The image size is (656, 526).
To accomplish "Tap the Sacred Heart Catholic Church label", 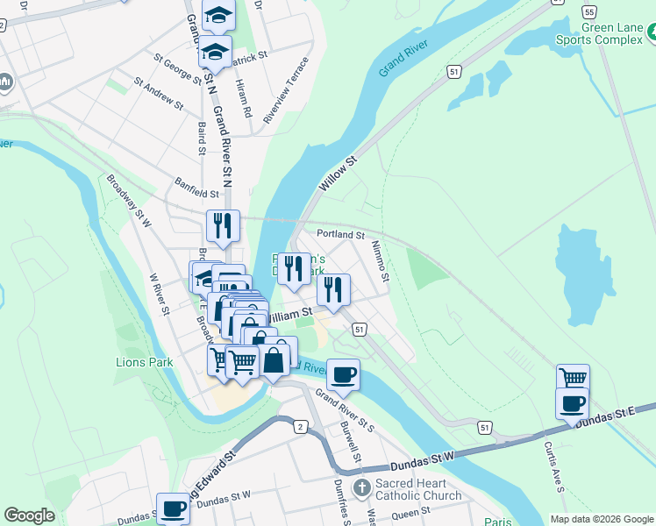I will (x=417, y=489).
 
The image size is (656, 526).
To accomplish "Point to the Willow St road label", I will (x=339, y=174).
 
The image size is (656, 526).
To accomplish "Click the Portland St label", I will (x=340, y=235).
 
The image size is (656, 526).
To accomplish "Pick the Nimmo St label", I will (x=379, y=261).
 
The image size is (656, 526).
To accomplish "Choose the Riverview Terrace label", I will (x=292, y=90).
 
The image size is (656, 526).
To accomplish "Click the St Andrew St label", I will (x=158, y=95).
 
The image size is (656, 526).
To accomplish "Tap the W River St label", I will (x=159, y=292).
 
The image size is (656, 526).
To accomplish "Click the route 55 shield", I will (x=589, y=11).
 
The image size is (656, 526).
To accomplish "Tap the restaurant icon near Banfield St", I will (x=223, y=225).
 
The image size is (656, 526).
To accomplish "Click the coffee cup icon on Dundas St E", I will (x=572, y=403).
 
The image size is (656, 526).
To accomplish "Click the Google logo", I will (x=29, y=515).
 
